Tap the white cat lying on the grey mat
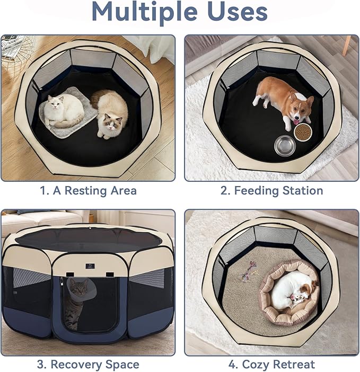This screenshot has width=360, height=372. pyautogui.click(x=63, y=110)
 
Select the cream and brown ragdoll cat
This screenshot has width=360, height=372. pyautogui.click(x=110, y=113)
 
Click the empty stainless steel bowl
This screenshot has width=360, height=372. pyautogui.click(x=285, y=145)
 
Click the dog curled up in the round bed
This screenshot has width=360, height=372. pyautogui.click(x=292, y=290)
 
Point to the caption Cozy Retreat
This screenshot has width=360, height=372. pyautogui.click(x=278, y=365)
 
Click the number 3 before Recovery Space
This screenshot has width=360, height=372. pyautogui.click(x=40, y=365)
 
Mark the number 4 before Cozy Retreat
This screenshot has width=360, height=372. pyautogui.click(x=231, y=365)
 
